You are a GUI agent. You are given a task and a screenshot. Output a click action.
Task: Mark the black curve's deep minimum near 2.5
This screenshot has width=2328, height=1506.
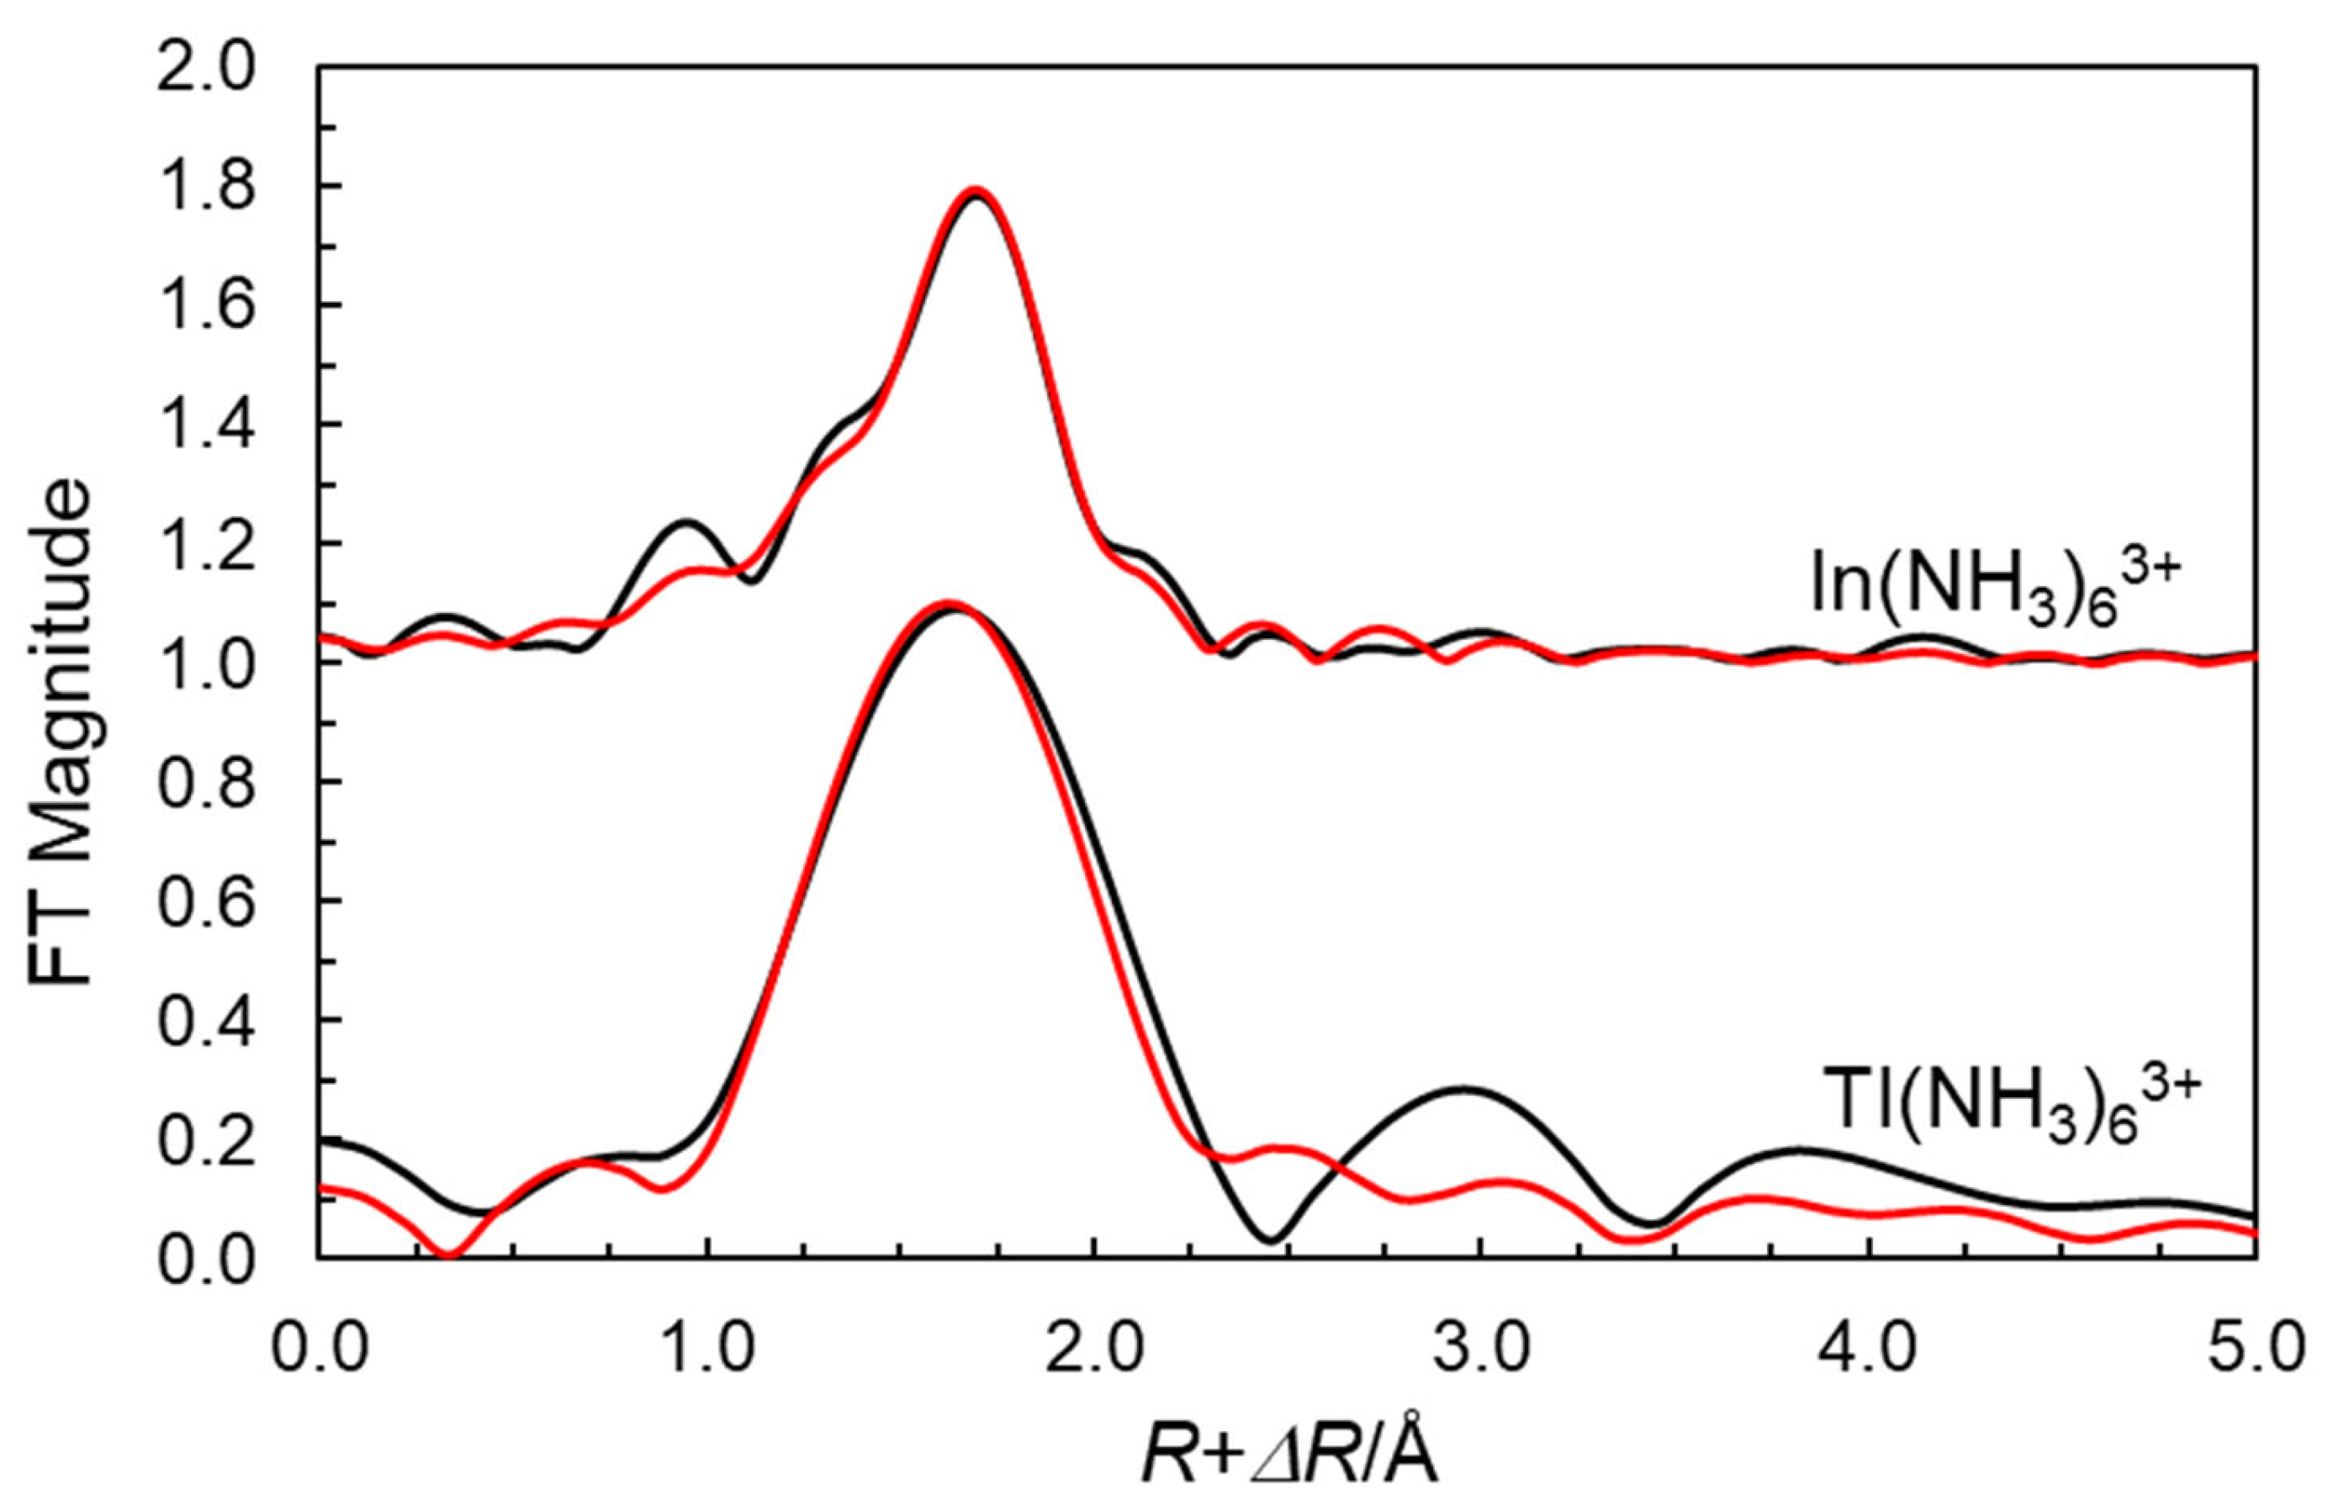tap(1271, 1240)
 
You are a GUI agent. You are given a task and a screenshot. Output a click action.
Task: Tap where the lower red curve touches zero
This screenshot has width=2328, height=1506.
tap(449, 1255)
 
